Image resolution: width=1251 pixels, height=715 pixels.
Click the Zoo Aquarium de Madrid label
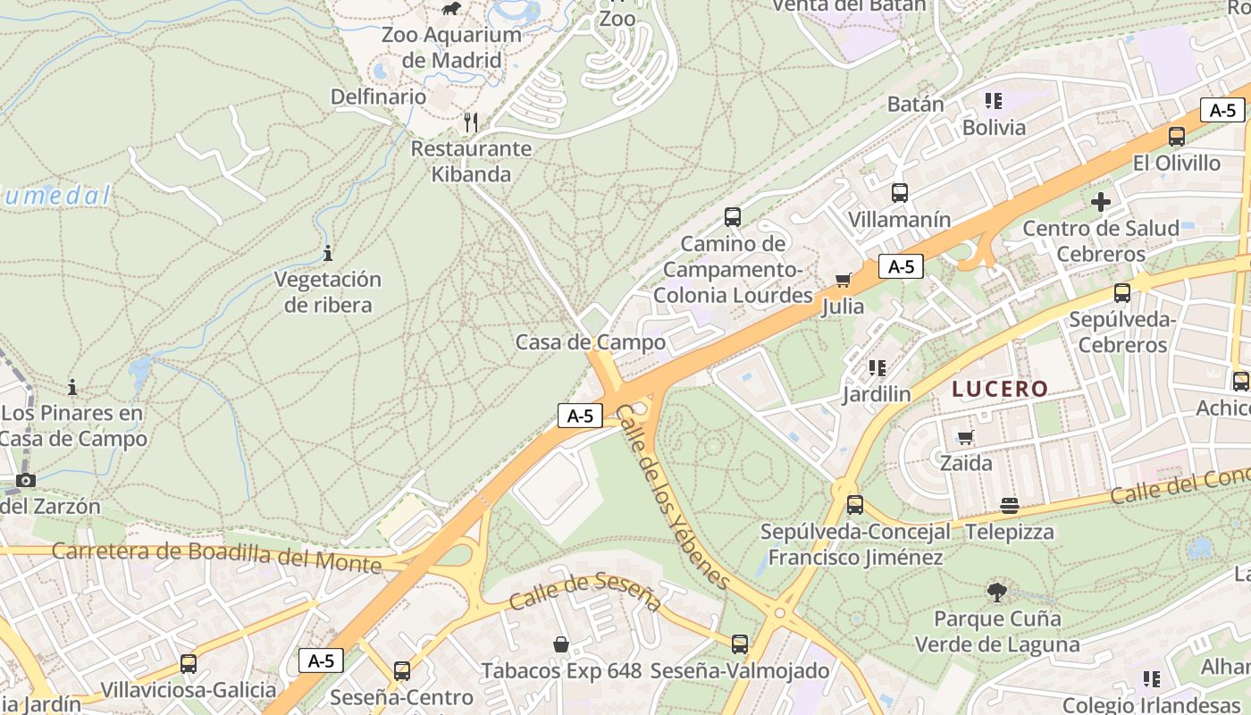coord(451,47)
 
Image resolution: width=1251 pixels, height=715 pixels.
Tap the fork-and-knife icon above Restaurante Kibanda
coord(471,122)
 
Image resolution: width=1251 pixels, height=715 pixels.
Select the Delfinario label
coord(378,97)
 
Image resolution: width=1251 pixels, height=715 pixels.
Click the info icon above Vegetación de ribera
coord(328,253)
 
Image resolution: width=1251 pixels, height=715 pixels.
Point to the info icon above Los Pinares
coord(72,387)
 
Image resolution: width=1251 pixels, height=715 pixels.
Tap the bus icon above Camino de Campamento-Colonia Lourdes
coord(733,216)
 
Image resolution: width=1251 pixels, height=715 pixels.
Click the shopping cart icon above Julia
coord(843,281)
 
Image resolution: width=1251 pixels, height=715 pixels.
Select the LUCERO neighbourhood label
coord(999,389)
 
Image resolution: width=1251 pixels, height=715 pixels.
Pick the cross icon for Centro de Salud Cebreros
coord(1101,202)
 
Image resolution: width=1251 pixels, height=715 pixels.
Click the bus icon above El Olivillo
coord(1177,137)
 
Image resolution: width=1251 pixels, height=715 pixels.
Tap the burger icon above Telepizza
coord(1010,506)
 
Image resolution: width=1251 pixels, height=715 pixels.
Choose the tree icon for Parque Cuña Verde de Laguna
coord(996,592)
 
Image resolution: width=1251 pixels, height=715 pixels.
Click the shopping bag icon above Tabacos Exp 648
coord(561,643)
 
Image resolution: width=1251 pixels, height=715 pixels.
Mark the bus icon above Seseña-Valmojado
coord(740,643)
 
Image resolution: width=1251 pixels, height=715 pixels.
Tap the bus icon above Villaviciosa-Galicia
coord(188,664)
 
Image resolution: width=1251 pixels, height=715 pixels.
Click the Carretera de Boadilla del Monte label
coord(216,556)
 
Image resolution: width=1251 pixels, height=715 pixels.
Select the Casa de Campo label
coord(591,342)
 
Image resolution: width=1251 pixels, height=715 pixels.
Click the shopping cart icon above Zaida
coord(965,437)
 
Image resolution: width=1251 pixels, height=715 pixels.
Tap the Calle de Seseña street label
coord(584,593)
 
